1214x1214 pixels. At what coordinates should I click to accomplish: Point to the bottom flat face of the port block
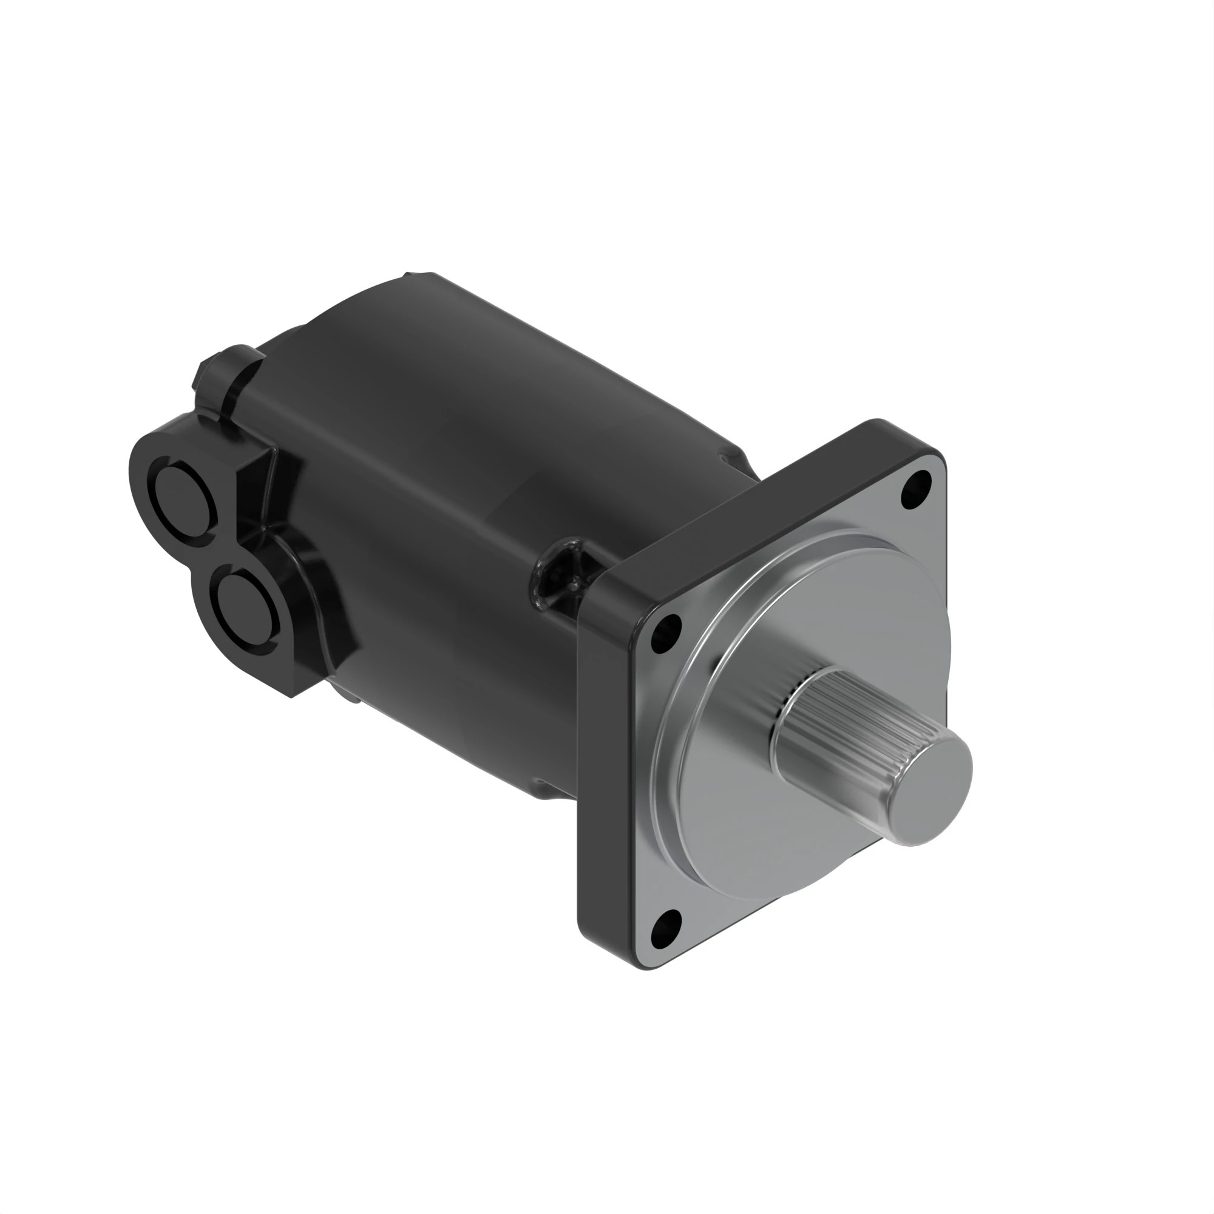(314, 679)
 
